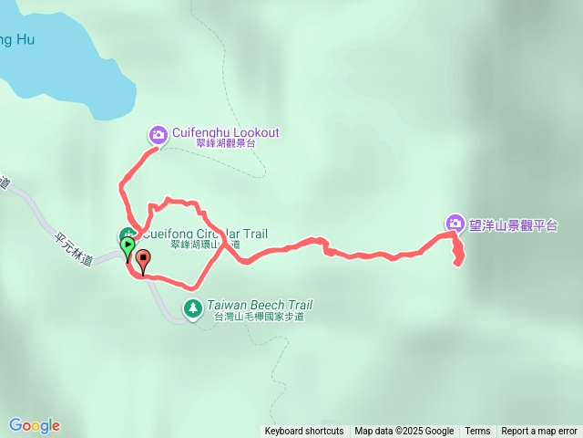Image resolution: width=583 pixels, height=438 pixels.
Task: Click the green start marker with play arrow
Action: click(x=128, y=246)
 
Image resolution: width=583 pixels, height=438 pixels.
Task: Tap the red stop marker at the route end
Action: click(x=143, y=260)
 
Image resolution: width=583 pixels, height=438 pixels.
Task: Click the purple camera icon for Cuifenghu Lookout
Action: click(x=159, y=135)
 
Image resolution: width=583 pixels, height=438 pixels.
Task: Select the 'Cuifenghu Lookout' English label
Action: click(x=226, y=132)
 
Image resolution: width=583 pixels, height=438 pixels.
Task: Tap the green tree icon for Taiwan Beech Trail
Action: click(x=192, y=308)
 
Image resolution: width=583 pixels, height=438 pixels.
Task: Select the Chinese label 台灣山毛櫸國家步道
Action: click(x=258, y=318)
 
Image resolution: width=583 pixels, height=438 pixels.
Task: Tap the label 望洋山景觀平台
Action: click(x=514, y=224)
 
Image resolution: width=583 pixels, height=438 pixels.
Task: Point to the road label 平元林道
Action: click(x=74, y=248)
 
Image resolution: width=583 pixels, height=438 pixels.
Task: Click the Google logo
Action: click(x=35, y=425)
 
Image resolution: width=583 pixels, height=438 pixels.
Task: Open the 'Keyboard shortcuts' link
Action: click(x=304, y=432)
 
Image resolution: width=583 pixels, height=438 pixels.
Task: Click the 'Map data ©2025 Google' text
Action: click(x=404, y=432)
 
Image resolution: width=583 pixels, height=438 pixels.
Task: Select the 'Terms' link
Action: click(x=477, y=432)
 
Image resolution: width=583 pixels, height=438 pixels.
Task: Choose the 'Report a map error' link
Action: click(x=539, y=432)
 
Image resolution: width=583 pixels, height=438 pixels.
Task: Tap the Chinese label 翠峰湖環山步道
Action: click(x=205, y=245)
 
